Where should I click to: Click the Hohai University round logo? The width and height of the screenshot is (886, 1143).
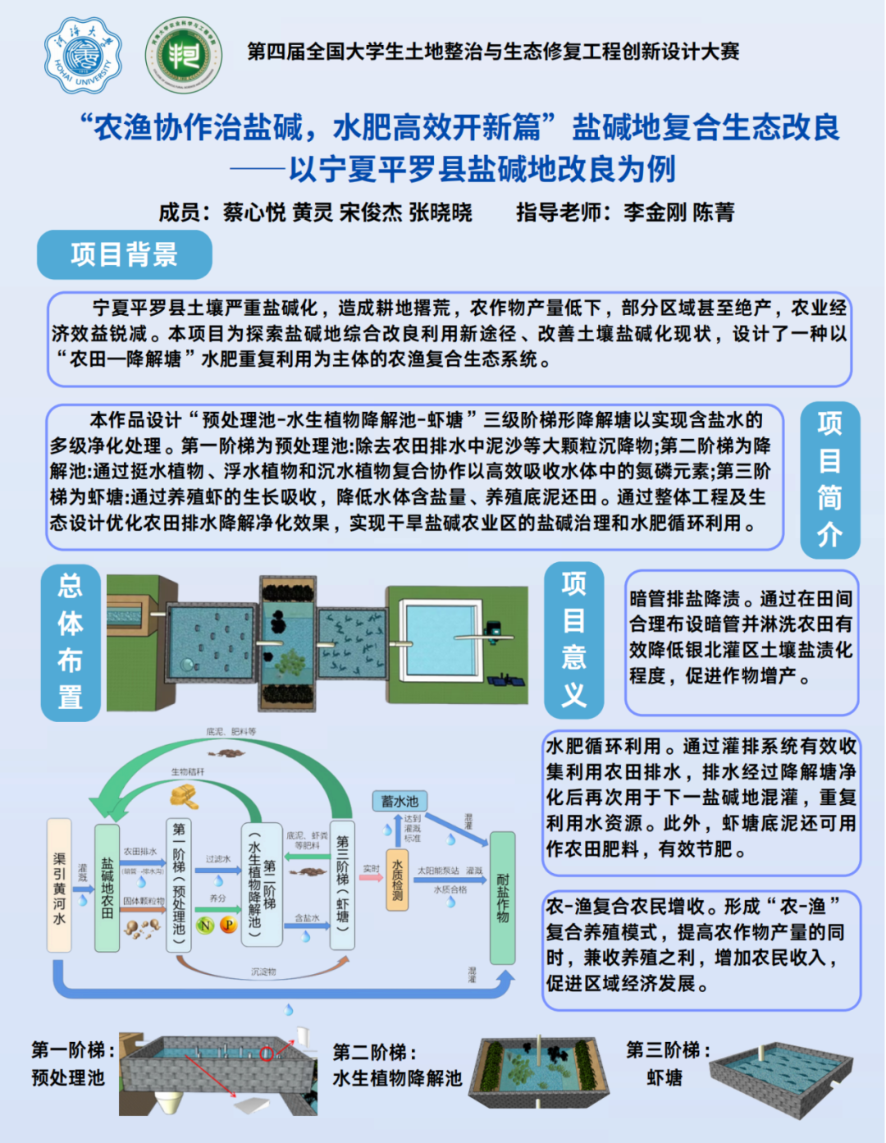[83, 55]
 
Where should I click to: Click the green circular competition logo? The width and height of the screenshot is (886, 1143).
[184, 56]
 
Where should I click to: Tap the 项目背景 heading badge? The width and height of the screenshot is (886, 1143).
[125, 254]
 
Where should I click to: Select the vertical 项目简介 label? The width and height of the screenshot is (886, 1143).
[829, 479]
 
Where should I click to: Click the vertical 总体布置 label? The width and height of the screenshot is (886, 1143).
[71, 642]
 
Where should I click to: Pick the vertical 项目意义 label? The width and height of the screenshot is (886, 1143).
[573, 639]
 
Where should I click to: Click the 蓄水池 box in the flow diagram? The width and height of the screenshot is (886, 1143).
[400, 801]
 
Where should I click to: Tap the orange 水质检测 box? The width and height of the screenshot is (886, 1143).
[397, 880]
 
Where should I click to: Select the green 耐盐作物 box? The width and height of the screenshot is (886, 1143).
[502, 898]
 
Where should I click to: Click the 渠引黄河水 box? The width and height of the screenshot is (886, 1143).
[59, 885]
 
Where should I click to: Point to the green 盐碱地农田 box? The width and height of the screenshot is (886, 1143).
[107, 888]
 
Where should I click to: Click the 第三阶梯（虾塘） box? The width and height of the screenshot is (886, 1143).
[342, 885]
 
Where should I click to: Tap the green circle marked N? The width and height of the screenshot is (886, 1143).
[205, 926]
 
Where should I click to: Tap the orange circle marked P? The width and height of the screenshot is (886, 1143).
[228, 926]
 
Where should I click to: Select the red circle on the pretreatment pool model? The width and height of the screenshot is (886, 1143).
[267, 1054]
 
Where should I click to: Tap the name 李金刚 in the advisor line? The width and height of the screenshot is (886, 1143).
[654, 213]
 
